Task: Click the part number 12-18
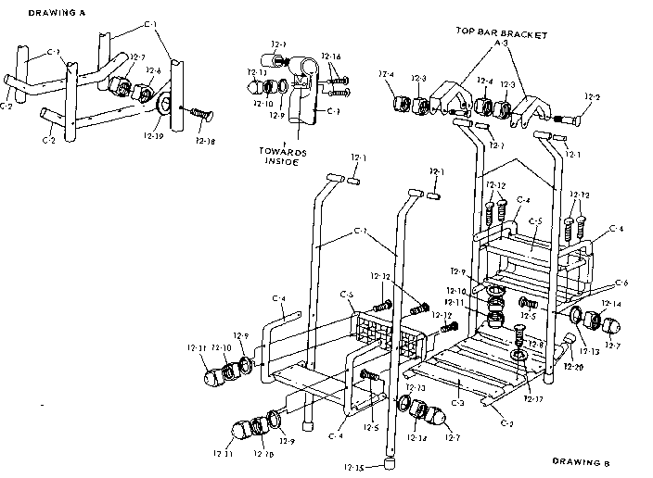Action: pos(210,142)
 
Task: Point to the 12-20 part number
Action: pos(573,368)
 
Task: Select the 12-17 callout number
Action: pos(533,399)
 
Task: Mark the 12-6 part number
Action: pos(154,70)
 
